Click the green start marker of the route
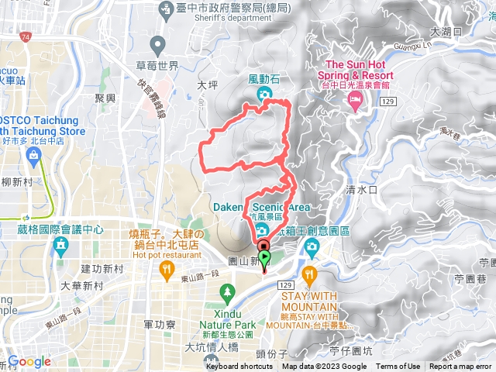(x=264, y=258)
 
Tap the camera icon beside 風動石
(x=265, y=94)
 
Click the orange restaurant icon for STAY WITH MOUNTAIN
(x=310, y=273)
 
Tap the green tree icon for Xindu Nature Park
(x=227, y=293)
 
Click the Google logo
(x=29, y=361)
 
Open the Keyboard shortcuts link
(x=239, y=367)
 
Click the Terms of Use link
(x=398, y=367)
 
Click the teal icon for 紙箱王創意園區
(x=312, y=248)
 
